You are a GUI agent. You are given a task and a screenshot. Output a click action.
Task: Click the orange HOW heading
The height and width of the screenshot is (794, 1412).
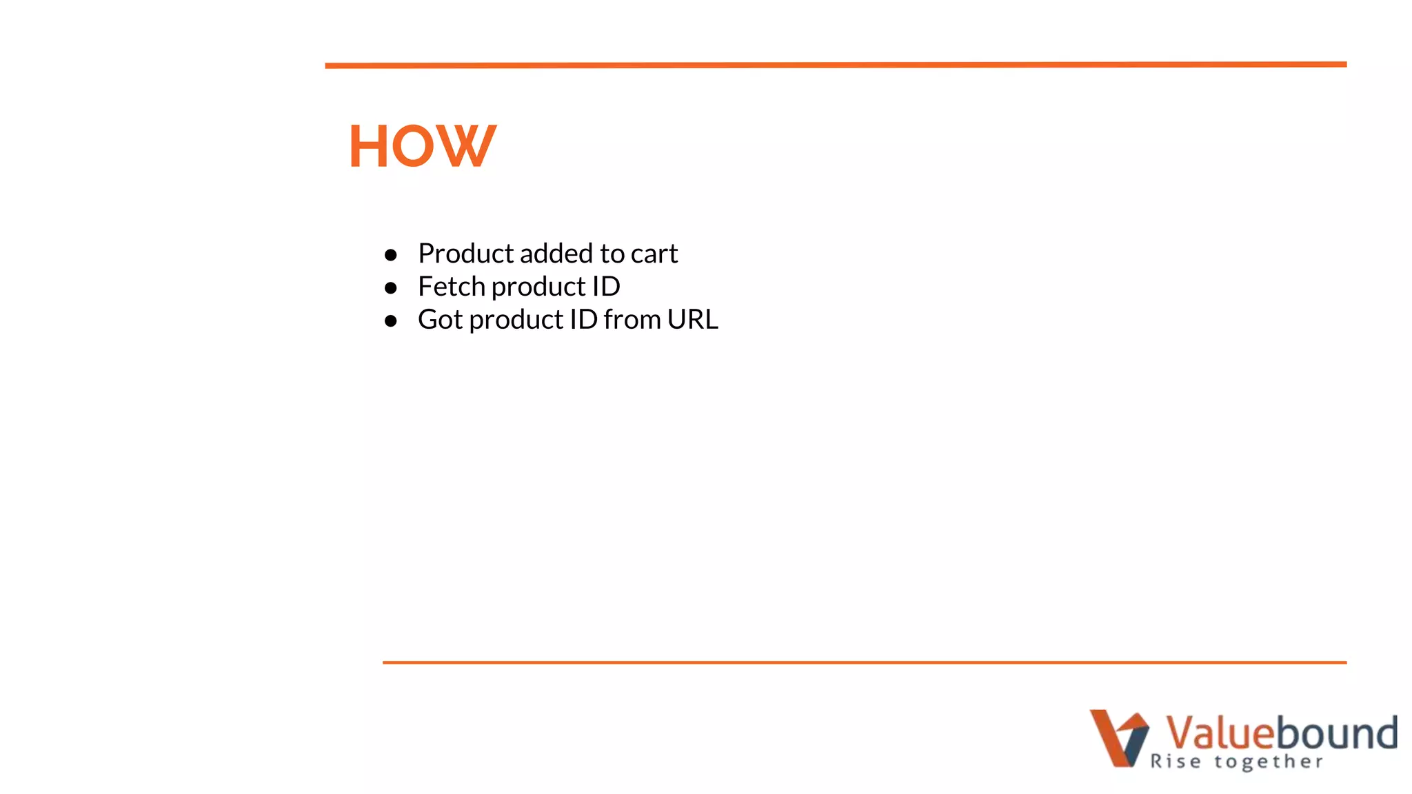(x=422, y=146)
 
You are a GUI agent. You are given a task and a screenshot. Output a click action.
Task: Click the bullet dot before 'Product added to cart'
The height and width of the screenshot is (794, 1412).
(x=391, y=255)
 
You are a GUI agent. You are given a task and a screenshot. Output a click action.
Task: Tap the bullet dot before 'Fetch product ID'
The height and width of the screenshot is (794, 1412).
(x=391, y=288)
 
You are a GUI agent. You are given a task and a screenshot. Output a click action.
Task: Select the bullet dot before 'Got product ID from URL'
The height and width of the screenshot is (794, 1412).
(x=391, y=321)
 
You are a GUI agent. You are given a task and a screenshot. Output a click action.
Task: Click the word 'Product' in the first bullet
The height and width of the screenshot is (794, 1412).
(x=466, y=254)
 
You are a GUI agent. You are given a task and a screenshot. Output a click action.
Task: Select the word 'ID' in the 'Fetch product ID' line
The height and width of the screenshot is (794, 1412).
(x=606, y=287)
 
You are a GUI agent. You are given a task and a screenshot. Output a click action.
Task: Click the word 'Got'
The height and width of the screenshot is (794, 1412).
(x=440, y=320)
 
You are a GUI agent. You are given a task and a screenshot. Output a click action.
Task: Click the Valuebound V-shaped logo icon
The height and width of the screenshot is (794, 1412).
(x=1119, y=737)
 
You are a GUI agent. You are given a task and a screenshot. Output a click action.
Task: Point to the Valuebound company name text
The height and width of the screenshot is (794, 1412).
(x=1282, y=732)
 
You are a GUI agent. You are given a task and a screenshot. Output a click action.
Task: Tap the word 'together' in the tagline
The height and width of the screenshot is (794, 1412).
(x=1269, y=762)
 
